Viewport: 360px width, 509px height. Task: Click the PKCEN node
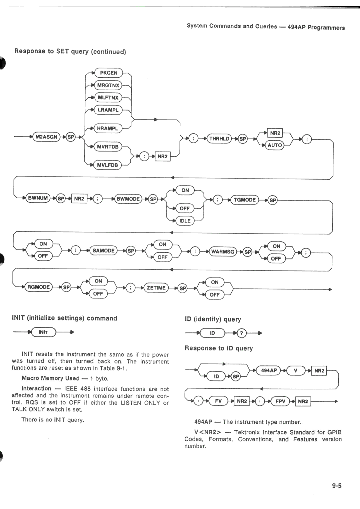pos(109,73)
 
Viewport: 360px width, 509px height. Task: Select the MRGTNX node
pos(108,85)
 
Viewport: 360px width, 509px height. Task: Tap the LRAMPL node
pos(108,110)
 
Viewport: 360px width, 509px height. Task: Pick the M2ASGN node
pos(46,137)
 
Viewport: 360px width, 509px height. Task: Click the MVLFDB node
pos(107,165)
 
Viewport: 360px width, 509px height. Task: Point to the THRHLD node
pos(219,139)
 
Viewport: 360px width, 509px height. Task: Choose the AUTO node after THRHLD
pos(275,145)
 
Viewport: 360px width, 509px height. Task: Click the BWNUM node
pos(38,198)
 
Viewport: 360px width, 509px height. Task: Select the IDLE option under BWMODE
pos(185,221)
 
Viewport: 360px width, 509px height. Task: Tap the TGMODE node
pos(245,200)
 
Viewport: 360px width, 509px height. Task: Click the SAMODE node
pos(104,251)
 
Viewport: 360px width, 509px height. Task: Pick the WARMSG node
pos(223,252)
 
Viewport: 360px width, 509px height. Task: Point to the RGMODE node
pos(39,287)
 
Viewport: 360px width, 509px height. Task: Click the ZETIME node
pos(156,288)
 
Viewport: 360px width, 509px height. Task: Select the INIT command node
pos(43,332)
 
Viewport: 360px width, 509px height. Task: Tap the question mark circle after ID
pos(242,333)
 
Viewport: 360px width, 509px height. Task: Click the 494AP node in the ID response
pos(269,370)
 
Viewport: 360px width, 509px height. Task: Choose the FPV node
pos(280,401)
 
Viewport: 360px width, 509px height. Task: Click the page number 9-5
pos(337,486)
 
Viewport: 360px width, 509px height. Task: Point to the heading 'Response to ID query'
pos(219,348)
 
